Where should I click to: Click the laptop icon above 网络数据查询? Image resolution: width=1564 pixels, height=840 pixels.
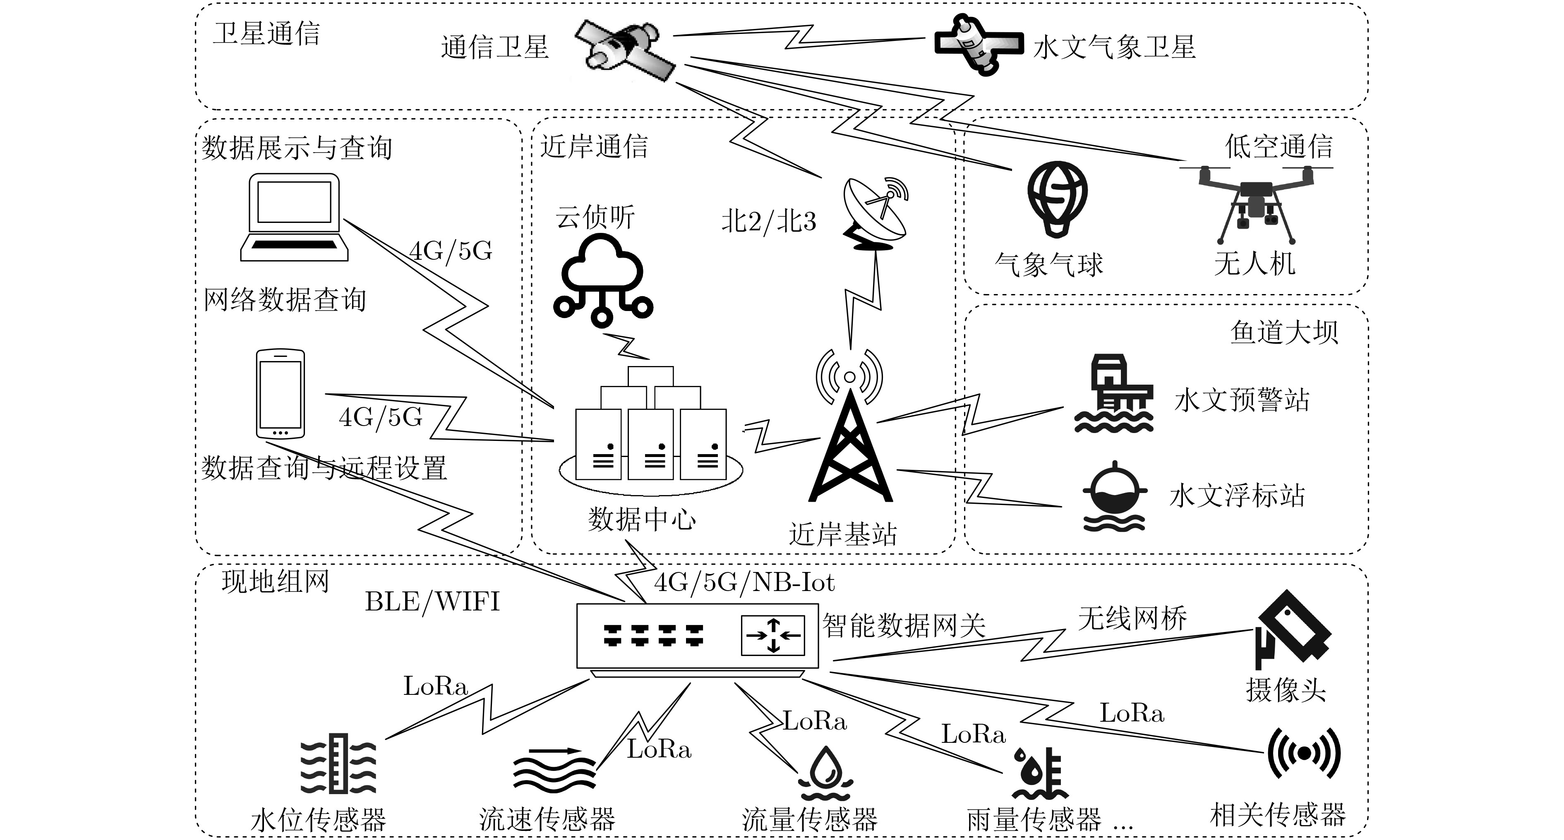(x=295, y=217)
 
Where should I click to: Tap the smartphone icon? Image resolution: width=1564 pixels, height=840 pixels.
(x=280, y=393)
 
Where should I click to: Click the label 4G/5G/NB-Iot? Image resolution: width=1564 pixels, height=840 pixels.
(x=744, y=583)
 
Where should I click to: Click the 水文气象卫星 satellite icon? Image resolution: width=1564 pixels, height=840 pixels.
(x=977, y=44)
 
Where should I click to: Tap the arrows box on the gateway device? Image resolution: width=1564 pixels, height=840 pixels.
(x=773, y=635)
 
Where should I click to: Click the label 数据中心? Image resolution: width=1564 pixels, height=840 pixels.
(x=642, y=519)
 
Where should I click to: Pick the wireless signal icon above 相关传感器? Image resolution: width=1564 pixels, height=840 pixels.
(x=1303, y=753)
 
